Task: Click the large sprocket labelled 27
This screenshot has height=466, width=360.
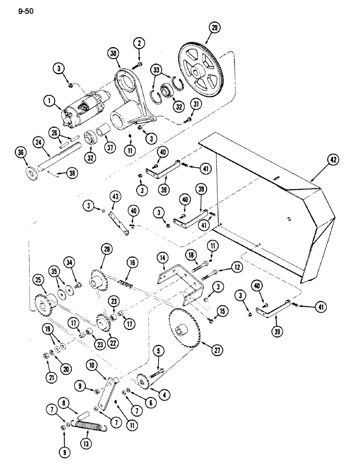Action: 185,330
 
